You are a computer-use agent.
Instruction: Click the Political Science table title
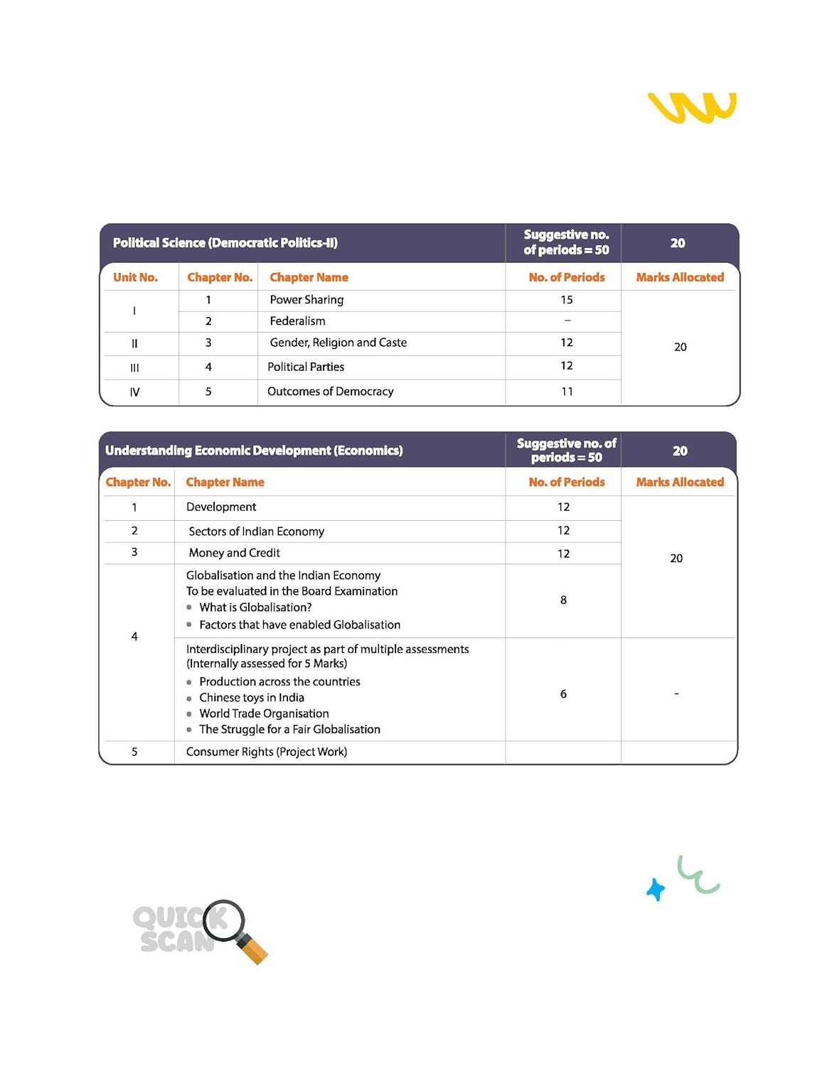[225, 243]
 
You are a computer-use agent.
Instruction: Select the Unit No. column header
[135, 277]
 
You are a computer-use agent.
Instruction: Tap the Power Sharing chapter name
[307, 300]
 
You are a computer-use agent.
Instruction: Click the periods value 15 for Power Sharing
[566, 300]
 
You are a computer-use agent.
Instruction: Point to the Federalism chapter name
[297, 321]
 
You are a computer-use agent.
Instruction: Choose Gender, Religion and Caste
[338, 343]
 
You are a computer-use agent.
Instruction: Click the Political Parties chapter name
[306, 367]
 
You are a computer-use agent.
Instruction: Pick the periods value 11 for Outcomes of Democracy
[567, 392]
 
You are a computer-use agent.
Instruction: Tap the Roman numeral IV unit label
[134, 392]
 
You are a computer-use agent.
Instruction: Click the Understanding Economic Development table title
[254, 451]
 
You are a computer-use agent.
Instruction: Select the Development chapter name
[221, 507]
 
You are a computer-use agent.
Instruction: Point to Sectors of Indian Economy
[256, 532]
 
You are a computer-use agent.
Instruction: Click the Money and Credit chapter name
[234, 553]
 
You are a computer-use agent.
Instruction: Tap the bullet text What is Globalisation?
[255, 608]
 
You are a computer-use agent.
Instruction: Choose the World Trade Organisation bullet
[264, 714]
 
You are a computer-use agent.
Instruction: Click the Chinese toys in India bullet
[252, 698]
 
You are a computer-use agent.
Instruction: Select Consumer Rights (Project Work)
[267, 752]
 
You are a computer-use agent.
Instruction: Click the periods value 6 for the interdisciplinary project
[563, 694]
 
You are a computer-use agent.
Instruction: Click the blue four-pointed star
[656, 889]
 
